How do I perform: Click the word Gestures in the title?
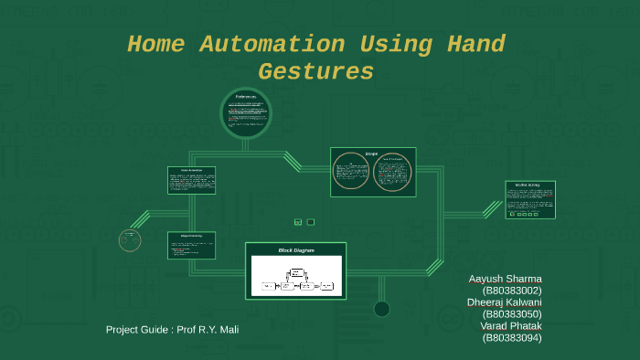pos(316,71)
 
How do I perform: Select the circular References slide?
pos(247,113)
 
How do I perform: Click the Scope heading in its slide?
pos(372,154)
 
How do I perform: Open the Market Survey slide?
pos(530,199)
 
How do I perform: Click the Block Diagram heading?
pos(295,249)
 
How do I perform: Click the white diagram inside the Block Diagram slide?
pos(295,276)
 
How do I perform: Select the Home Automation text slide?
pos(191,180)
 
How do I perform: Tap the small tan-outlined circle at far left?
pos(130,240)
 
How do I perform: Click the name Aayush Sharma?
pos(505,279)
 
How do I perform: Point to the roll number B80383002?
pos(512,291)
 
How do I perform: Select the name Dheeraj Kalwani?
pos(505,302)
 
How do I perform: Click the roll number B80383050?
pos(512,314)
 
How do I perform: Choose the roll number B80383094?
pos(512,338)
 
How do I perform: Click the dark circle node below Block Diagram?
pos(382,309)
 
